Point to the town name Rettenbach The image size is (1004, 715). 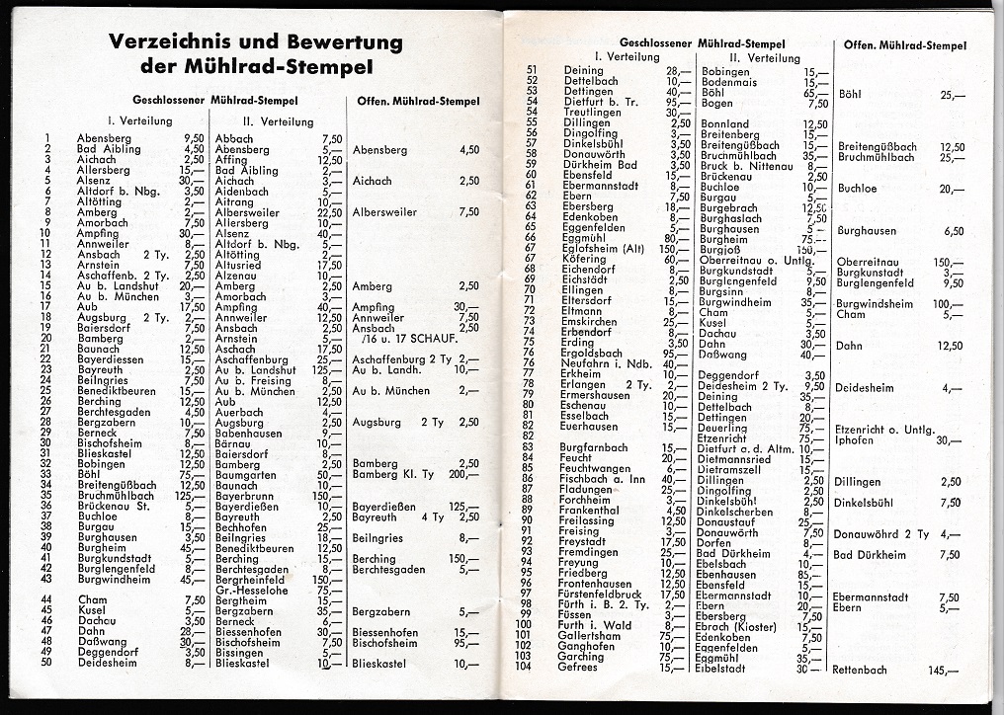pos(859,670)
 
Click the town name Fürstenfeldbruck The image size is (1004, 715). pos(600,595)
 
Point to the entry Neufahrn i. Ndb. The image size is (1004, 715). pos(600,363)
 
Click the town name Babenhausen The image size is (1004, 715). pos(248,433)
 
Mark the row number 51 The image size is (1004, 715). pos(531,70)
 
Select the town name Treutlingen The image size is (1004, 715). pos(590,112)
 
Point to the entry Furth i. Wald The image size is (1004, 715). pos(595,625)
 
